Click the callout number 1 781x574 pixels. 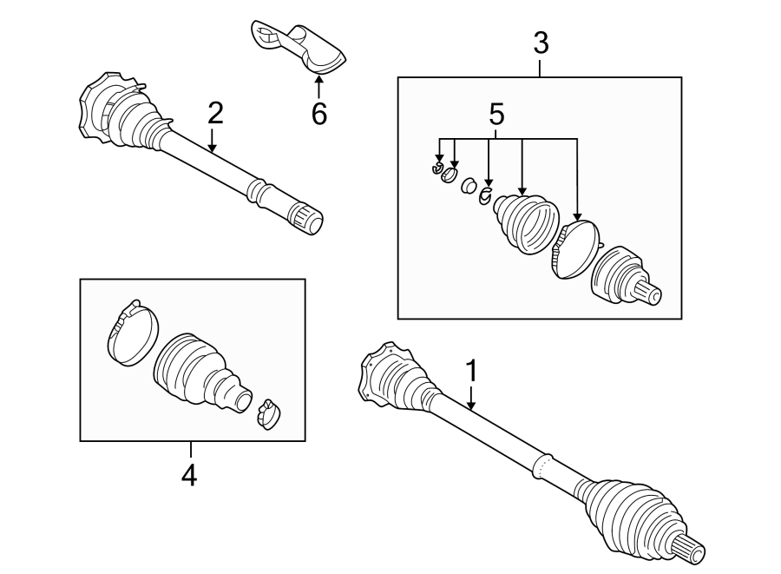[471, 371]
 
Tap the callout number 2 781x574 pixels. [214, 113]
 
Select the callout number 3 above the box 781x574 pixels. [540, 43]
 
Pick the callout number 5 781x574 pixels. [496, 114]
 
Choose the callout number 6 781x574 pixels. [318, 113]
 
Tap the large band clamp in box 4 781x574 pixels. [132, 333]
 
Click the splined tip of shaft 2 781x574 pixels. [308, 218]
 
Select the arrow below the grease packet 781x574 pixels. [318, 85]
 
